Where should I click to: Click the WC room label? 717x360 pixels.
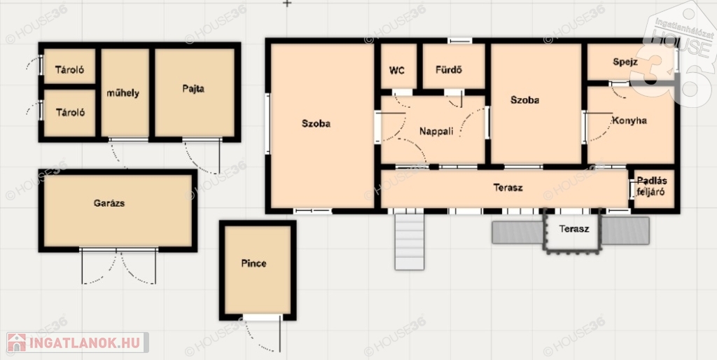[x=397, y=71]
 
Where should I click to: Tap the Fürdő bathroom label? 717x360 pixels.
[x=449, y=70]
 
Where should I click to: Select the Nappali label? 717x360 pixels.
[x=436, y=132]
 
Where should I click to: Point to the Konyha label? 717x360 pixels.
[x=629, y=120]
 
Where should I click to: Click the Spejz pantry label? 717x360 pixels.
[x=625, y=62]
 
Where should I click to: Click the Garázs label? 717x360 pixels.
[x=109, y=203]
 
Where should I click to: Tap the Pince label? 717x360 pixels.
[x=253, y=263]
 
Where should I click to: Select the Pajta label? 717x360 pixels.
[x=193, y=89]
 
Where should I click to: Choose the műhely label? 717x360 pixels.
[x=123, y=93]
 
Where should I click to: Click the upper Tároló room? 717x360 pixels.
[x=69, y=66]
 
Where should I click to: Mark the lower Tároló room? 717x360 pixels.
[x=69, y=113]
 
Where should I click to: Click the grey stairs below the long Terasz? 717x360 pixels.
[x=410, y=242]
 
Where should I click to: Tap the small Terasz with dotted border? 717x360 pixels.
[x=571, y=231]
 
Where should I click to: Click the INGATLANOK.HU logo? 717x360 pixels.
[x=78, y=342]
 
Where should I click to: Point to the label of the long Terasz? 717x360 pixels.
[x=508, y=188]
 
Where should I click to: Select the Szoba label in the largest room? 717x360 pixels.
[x=316, y=123]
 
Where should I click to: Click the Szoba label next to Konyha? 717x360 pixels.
[x=525, y=100]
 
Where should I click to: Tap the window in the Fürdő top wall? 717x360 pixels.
[x=459, y=41]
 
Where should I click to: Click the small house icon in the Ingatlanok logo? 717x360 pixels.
[x=17, y=342]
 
